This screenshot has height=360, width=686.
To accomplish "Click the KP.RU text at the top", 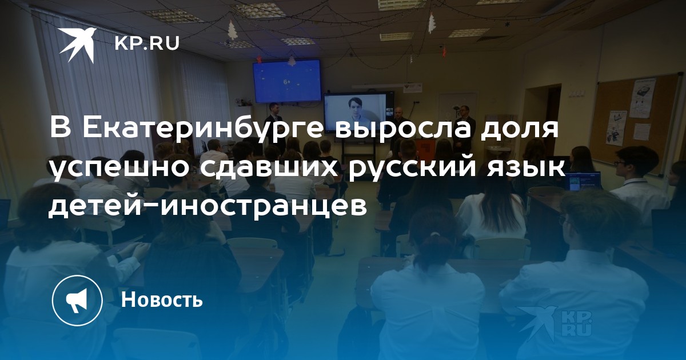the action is pos(147,43).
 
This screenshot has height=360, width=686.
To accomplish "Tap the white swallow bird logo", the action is pos(78,45).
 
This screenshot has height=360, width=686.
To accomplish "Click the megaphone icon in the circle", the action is pos(77,300).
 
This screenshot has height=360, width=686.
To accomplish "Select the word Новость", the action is pos(162,299).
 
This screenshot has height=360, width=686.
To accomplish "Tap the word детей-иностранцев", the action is pos(208,207).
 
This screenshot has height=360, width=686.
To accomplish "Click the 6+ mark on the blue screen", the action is pos(287,82).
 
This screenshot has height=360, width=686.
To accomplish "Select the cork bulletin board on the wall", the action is pos(637,122).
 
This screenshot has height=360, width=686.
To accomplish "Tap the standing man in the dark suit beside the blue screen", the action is pos(273,122).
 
